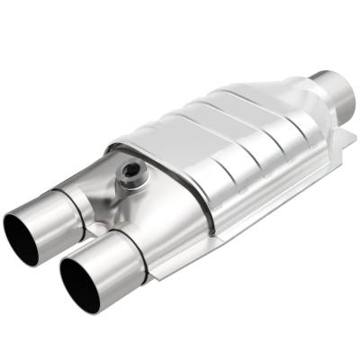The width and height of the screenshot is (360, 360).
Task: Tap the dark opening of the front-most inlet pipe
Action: (x=80, y=284)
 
